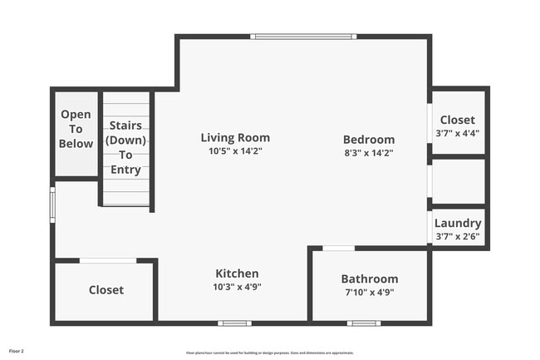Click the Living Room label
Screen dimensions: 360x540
tap(235, 138)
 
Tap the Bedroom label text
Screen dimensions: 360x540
tap(369, 140)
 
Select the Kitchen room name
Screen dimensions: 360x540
tap(237, 274)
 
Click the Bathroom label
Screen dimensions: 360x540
tap(370, 279)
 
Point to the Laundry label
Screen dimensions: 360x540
tap(458, 223)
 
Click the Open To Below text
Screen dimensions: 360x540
tap(76, 129)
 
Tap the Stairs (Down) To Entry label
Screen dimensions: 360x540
tap(125, 148)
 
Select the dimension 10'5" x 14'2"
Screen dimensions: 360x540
tap(235, 151)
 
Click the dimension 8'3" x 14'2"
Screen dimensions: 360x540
tap(369, 153)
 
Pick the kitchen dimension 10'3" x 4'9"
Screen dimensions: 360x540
tap(237, 287)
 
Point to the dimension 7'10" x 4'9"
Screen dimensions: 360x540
tap(370, 292)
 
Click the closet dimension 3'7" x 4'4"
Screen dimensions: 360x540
tap(458, 133)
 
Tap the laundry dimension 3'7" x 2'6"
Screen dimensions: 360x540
tap(458, 236)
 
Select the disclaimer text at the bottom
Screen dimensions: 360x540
tap(269, 353)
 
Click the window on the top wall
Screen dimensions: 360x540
tap(304, 37)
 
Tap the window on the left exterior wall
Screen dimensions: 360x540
tap(52, 203)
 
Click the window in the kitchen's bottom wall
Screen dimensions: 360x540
tap(234, 323)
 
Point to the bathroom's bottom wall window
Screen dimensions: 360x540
tap(363, 323)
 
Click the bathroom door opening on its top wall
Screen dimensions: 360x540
tap(338, 248)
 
